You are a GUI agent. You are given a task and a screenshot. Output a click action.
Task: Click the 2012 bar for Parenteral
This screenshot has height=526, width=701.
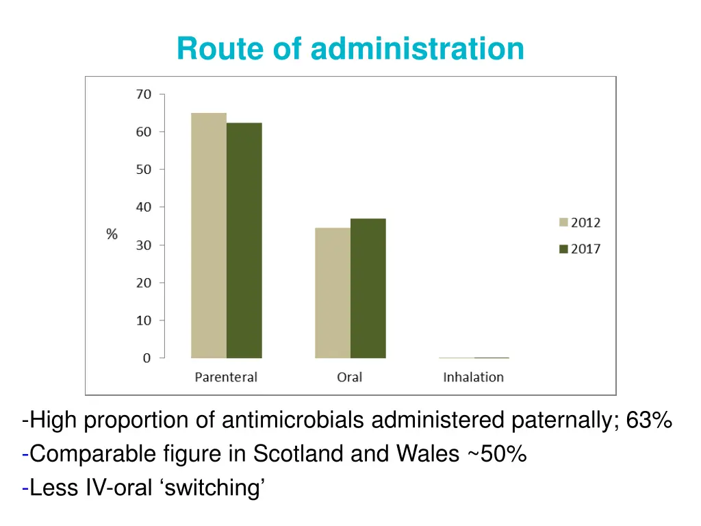(209, 236)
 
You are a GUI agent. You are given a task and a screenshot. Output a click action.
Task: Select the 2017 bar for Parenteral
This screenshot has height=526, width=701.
(244, 240)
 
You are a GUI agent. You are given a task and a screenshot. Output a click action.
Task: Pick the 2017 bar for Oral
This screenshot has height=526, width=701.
(368, 288)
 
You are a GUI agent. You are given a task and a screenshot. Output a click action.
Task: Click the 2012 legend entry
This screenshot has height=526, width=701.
(579, 222)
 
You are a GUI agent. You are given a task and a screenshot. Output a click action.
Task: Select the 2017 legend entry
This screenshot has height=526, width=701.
(579, 249)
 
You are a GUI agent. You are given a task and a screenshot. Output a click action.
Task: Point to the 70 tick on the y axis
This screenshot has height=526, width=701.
(142, 95)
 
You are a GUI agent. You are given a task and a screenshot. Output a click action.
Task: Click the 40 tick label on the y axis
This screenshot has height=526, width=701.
(142, 207)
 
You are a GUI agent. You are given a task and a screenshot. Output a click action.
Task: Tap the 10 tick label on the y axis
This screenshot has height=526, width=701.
(142, 320)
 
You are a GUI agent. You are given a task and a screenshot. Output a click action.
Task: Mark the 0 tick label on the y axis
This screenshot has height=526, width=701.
(146, 358)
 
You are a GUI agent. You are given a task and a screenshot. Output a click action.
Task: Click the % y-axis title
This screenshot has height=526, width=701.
(112, 234)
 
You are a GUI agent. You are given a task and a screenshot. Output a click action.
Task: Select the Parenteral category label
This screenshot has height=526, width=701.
(226, 377)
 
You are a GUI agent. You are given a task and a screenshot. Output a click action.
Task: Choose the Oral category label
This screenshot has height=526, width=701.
(349, 377)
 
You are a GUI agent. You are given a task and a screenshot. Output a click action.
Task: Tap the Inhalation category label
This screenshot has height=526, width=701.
(473, 377)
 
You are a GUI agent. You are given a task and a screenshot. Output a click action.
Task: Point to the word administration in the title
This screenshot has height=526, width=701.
(418, 49)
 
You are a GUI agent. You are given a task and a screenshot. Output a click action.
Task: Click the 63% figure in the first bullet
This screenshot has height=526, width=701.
(648, 420)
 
